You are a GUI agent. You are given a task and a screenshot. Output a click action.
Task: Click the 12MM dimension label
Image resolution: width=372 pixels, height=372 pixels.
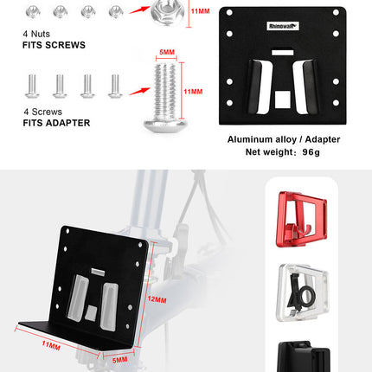[x=157, y=299]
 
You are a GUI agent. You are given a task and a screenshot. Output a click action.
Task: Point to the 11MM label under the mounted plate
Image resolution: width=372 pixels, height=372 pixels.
[x=51, y=344]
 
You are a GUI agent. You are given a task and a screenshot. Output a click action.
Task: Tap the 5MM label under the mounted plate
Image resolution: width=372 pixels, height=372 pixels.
[x=119, y=358]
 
